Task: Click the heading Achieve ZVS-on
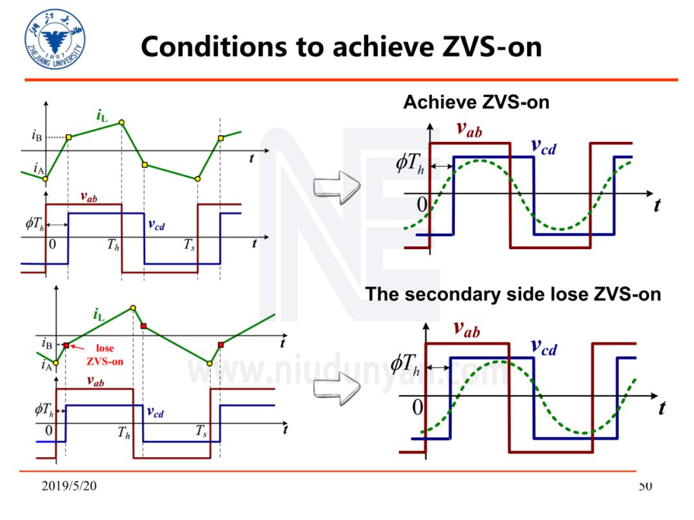pos(476,102)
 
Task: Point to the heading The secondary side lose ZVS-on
pos(513,294)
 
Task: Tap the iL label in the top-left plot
pos(102,116)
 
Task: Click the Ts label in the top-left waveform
pos(188,245)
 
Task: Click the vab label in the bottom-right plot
pos(467,329)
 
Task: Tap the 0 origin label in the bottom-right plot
pos(418,407)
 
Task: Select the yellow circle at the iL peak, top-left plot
pos(121,122)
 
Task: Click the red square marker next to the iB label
pos(66,345)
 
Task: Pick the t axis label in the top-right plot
pos(657,205)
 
